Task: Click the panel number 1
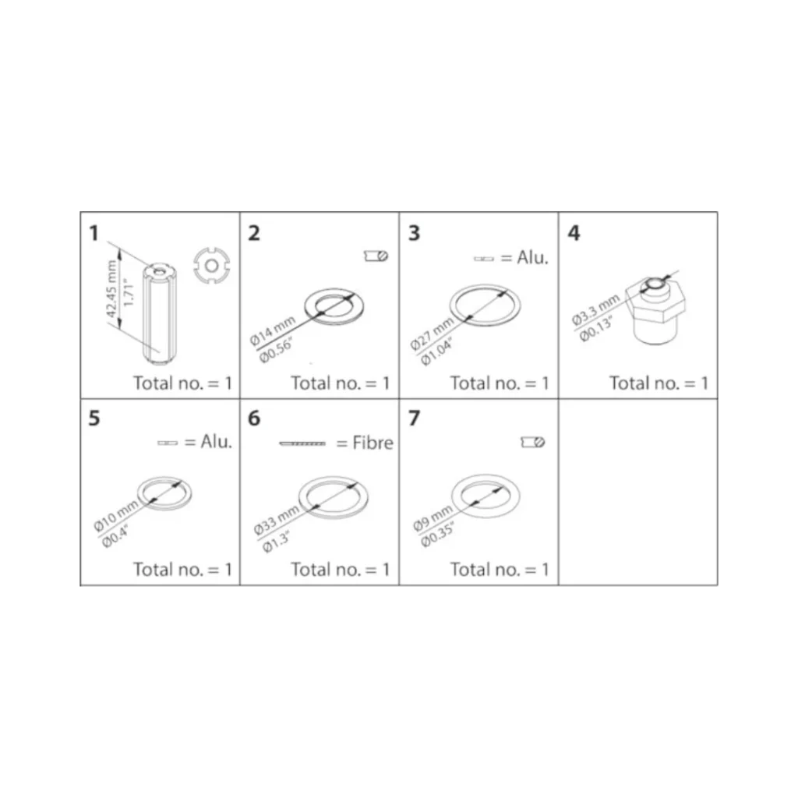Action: [x=94, y=233]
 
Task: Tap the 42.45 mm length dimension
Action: [x=112, y=288]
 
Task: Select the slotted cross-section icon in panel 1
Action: [x=212, y=265]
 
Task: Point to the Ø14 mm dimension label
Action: [x=273, y=330]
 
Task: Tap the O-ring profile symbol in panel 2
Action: [x=376, y=256]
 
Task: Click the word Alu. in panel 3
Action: [x=532, y=258]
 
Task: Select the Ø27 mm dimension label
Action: [x=432, y=334]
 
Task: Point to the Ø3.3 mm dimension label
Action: [x=595, y=309]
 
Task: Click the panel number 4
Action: [x=574, y=233]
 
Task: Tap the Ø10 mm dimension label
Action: [x=116, y=515]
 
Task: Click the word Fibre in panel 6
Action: [x=373, y=443]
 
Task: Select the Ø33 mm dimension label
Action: [x=277, y=521]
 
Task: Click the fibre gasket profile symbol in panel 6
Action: [x=302, y=443]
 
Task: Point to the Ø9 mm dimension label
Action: [x=433, y=518]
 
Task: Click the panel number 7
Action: [x=415, y=418]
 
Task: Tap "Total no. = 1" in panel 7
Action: [x=500, y=569]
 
